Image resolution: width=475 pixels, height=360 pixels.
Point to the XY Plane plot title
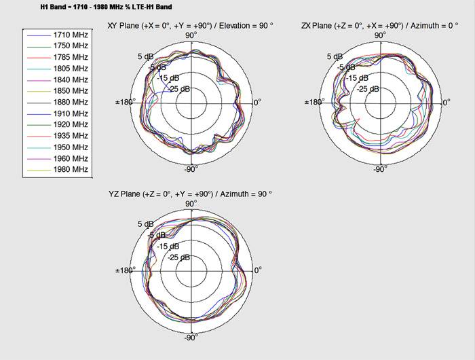190,26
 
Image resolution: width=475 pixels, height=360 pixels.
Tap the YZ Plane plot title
190,194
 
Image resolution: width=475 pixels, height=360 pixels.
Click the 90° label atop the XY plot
191,35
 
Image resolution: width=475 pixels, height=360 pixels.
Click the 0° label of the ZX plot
446,103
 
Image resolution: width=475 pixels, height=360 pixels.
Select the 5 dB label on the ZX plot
334,57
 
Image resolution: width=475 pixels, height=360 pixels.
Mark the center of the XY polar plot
191,103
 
